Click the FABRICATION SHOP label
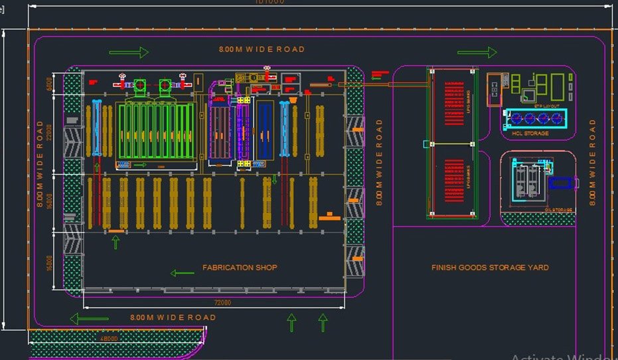[240, 268]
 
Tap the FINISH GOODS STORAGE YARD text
[490, 268]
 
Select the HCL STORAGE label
[530, 134]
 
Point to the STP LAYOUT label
[547, 106]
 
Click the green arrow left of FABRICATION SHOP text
[181, 272]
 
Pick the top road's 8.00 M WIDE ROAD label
[262, 49]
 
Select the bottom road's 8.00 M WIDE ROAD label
[173, 317]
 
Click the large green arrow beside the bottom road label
[89, 319]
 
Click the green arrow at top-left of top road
[129, 52]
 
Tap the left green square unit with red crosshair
[141, 85]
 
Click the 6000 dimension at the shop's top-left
[48, 84]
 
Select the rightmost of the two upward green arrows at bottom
[323, 323]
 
